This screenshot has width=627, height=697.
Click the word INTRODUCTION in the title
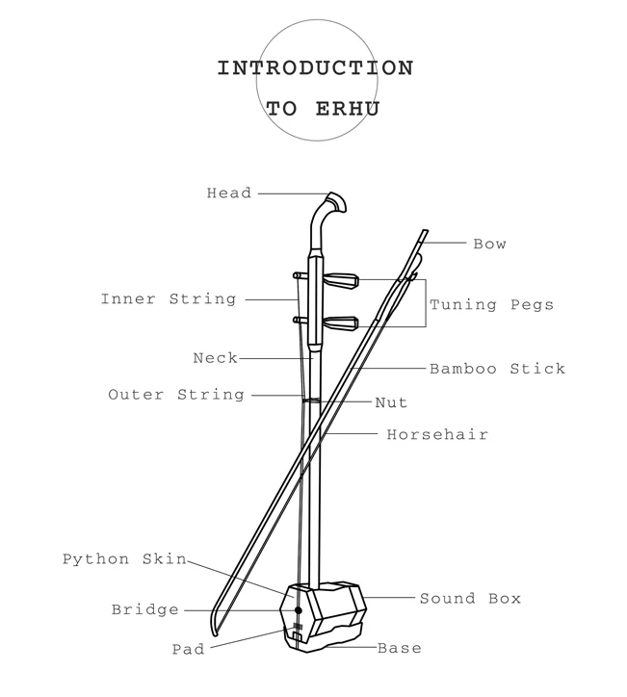point(315,69)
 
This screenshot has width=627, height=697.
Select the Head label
point(229,194)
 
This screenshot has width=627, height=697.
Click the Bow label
point(489,244)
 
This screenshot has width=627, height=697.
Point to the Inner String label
point(169,299)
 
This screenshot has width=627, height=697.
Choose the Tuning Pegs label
point(491,305)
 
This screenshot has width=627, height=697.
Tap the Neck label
point(215,358)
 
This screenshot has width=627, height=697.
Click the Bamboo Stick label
point(497,368)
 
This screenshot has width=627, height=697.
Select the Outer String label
point(176,395)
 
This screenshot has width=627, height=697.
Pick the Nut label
point(391,402)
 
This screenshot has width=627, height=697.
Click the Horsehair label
point(437,435)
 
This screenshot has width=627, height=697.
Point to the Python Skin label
point(124,559)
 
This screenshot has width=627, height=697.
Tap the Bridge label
point(145,609)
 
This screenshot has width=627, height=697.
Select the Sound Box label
point(470,599)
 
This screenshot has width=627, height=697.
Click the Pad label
point(188,649)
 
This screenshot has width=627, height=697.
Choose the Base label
point(399,648)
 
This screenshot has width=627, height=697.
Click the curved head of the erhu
point(329,206)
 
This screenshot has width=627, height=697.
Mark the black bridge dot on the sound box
point(299,610)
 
